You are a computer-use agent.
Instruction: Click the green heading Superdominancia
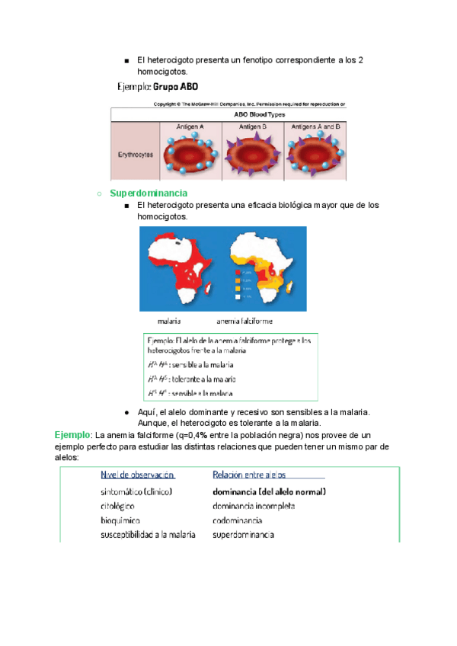point(149,193)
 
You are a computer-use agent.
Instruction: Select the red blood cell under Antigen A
point(190,153)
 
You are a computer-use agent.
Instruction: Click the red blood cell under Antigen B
point(252,153)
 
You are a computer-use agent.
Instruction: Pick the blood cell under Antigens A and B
point(314,153)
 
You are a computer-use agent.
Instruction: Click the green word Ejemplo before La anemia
point(72,434)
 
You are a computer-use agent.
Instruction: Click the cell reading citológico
point(118,506)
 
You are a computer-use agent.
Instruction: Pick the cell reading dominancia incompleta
point(254,506)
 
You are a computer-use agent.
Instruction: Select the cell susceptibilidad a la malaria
point(148,535)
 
